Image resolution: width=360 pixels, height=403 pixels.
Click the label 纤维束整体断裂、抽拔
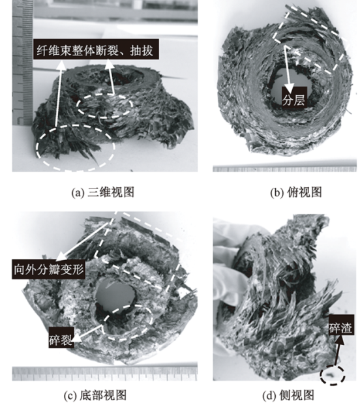click(96, 50)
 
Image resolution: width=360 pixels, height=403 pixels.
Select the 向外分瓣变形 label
click(48, 269)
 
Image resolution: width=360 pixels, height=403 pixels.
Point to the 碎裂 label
click(61, 337)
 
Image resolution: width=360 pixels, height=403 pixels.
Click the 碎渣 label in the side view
click(341, 325)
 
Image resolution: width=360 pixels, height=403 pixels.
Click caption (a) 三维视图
click(103, 192)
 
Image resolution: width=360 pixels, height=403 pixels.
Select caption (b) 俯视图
click(296, 192)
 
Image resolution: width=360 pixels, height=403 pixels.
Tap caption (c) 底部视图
click(95, 395)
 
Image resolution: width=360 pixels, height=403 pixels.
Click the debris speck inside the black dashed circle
click(330, 376)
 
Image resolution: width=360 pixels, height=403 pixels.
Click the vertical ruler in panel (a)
click(22, 63)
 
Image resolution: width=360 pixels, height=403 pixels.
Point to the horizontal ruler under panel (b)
click(285, 169)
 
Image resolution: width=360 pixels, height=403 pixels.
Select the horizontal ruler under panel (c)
click(104, 373)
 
